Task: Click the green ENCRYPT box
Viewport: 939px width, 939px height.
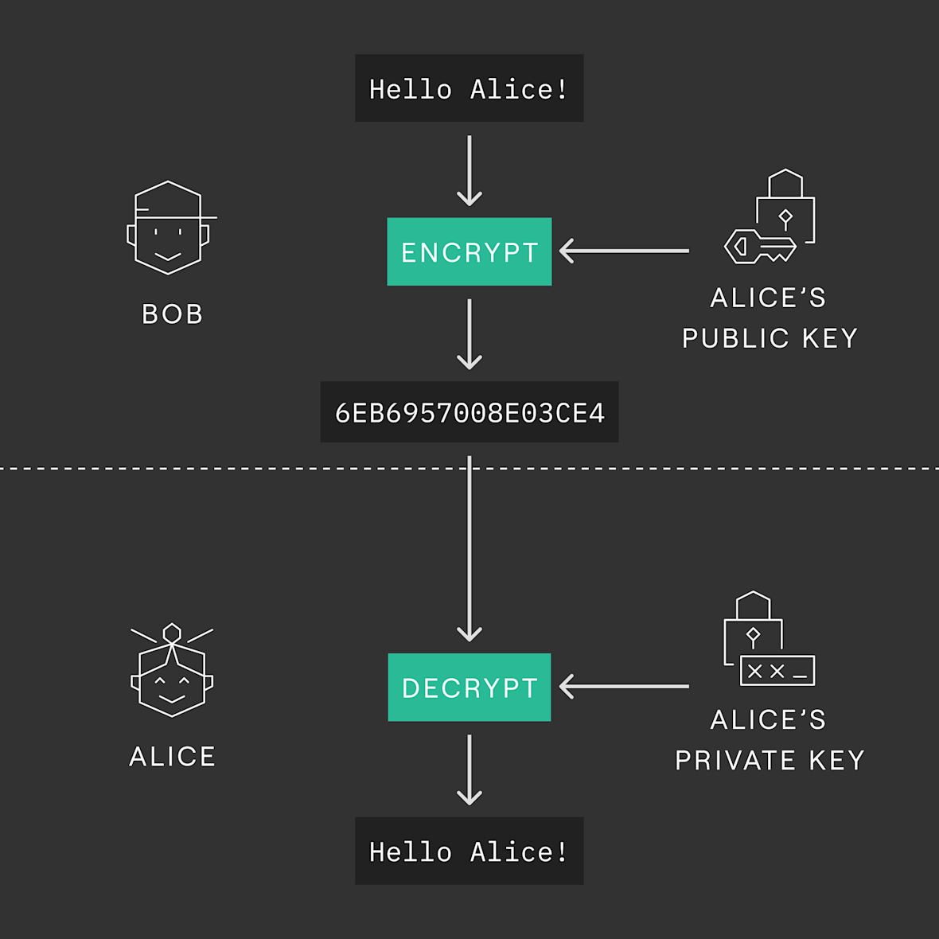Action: click(x=469, y=251)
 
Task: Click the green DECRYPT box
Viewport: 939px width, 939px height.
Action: click(x=469, y=687)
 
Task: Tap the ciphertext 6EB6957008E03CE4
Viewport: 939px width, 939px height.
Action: click(x=469, y=412)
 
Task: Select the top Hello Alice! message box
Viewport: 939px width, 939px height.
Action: click(x=469, y=88)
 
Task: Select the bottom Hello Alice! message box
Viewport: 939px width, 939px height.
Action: click(x=469, y=851)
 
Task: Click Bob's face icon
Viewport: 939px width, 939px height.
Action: click(x=171, y=228)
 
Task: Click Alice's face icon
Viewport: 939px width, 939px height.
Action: click(x=172, y=670)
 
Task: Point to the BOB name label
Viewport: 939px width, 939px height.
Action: click(x=173, y=314)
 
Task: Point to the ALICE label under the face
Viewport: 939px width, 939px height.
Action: click(x=172, y=756)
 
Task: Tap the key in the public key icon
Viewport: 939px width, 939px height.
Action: click(x=760, y=246)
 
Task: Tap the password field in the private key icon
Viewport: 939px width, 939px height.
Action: click(x=777, y=671)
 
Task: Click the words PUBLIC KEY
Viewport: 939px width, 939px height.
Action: click(x=770, y=338)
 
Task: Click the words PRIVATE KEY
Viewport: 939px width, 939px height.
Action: click(x=770, y=761)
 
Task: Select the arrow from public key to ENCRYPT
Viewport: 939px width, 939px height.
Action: click(x=624, y=251)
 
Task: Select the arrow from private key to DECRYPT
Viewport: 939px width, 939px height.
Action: click(x=624, y=686)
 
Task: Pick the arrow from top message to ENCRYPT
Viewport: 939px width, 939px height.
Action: click(x=469, y=170)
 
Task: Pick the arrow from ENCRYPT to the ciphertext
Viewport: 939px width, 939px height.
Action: click(x=469, y=334)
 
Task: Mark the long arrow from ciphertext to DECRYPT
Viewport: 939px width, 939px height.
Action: click(x=469, y=548)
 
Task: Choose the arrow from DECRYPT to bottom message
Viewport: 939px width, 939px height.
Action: click(x=469, y=770)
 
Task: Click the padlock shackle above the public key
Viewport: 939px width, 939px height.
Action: click(x=785, y=183)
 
